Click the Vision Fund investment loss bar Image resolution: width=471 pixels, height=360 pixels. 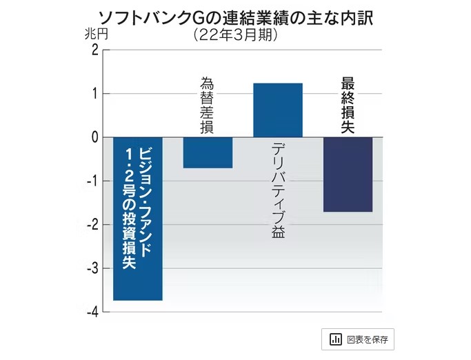point(138,219)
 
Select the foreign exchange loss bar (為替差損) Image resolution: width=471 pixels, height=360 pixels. point(208,152)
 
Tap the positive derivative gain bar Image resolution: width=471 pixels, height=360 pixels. point(278,110)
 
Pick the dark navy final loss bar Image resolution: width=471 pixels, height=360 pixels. point(348,174)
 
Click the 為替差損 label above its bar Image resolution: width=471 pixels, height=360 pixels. point(207,105)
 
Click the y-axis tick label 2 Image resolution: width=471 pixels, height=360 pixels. point(94,50)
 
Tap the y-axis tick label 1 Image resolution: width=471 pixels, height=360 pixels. point(94,94)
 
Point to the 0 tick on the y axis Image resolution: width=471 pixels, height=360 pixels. point(94,137)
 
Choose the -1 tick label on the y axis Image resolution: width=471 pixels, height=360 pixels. point(92,181)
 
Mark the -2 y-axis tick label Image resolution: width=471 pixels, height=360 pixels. point(92,225)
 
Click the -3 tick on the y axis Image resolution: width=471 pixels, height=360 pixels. point(92,269)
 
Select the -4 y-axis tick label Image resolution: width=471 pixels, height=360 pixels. point(92,312)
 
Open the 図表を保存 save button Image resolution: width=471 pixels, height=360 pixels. point(357,339)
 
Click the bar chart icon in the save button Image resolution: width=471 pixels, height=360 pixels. point(337,339)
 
